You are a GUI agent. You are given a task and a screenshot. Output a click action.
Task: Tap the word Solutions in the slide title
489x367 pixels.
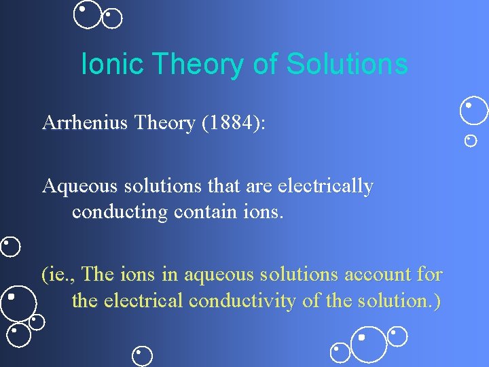pyautogui.click(x=347, y=65)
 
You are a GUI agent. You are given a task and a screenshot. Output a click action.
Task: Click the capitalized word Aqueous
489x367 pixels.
pyautogui.click(x=73, y=186)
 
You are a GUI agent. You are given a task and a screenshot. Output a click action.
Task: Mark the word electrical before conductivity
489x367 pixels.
pyautogui.click(x=143, y=300)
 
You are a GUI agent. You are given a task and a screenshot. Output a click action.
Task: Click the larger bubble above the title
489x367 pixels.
pyautogui.click(x=87, y=14)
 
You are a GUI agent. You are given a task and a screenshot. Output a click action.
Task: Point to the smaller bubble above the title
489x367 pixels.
pyautogui.click(x=112, y=18)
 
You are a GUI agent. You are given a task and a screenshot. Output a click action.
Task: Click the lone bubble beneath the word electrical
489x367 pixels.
pyautogui.click(x=142, y=355)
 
